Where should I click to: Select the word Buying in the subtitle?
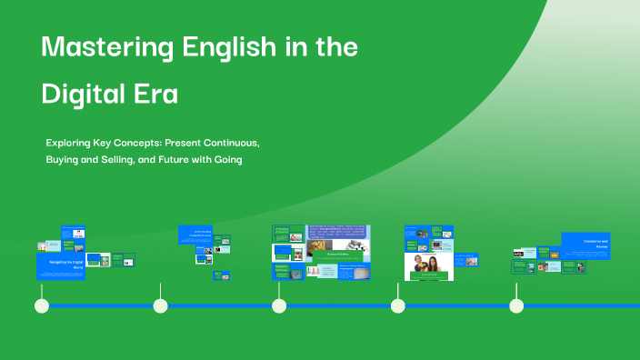pyautogui.click(x=64, y=160)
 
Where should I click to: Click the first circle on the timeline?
pyautogui.click(x=42, y=305)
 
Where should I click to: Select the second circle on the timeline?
pyautogui.click(x=161, y=305)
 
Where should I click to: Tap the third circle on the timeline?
pyautogui.click(x=279, y=305)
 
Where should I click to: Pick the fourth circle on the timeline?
pyautogui.click(x=397, y=305)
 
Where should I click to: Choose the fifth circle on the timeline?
pyautogui.click(x=516, y=305)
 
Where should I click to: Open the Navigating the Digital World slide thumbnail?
pyautogui.click(x=61, y=266)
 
